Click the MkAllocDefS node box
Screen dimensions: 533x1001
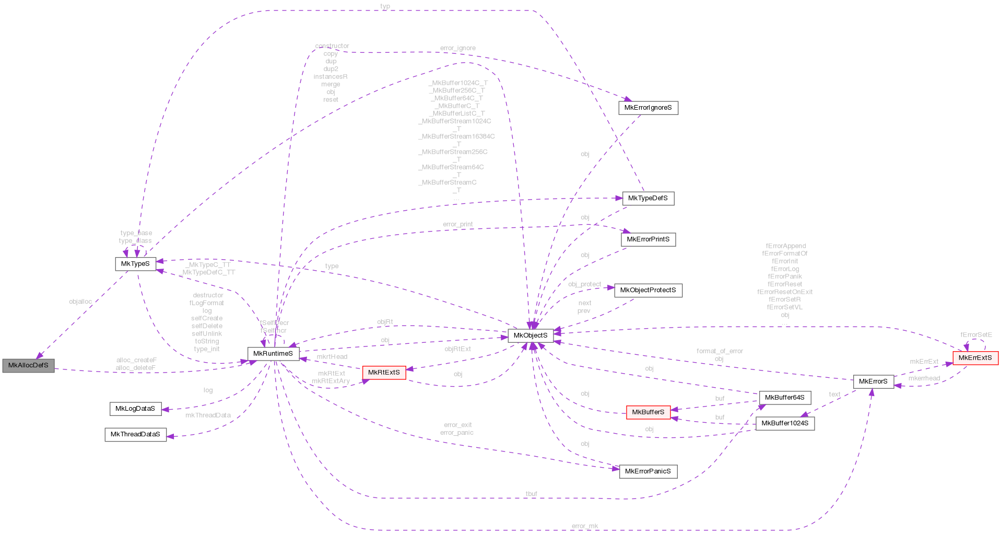click(28, 365)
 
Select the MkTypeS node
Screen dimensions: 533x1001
click(135, 264)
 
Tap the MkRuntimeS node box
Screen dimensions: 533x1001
click(273, 354)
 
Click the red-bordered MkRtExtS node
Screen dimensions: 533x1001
click(384, 373)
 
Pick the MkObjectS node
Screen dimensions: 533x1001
click(531, 335)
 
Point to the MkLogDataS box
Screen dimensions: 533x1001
click(135, 409)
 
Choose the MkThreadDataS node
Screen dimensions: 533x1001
click(135, 434)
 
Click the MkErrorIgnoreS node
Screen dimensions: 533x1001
click(648, 108)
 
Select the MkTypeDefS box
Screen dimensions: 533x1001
click(648, 199)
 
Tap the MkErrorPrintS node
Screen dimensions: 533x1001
click(648, 239)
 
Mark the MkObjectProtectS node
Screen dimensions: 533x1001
click(648, 290)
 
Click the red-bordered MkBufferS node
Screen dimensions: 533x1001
click(648, 412)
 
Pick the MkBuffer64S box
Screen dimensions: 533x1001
click(785, 398)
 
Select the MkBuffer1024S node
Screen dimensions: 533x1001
click(785, 423)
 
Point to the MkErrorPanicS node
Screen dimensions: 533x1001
click(648, 471)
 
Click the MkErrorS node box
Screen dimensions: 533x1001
click(873, 381)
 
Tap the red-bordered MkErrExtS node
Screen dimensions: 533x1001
click(975, 358)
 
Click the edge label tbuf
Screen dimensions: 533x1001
click(532, 494)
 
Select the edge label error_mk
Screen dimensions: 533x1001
click(585, 526)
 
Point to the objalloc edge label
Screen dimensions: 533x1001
click(80, 302)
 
